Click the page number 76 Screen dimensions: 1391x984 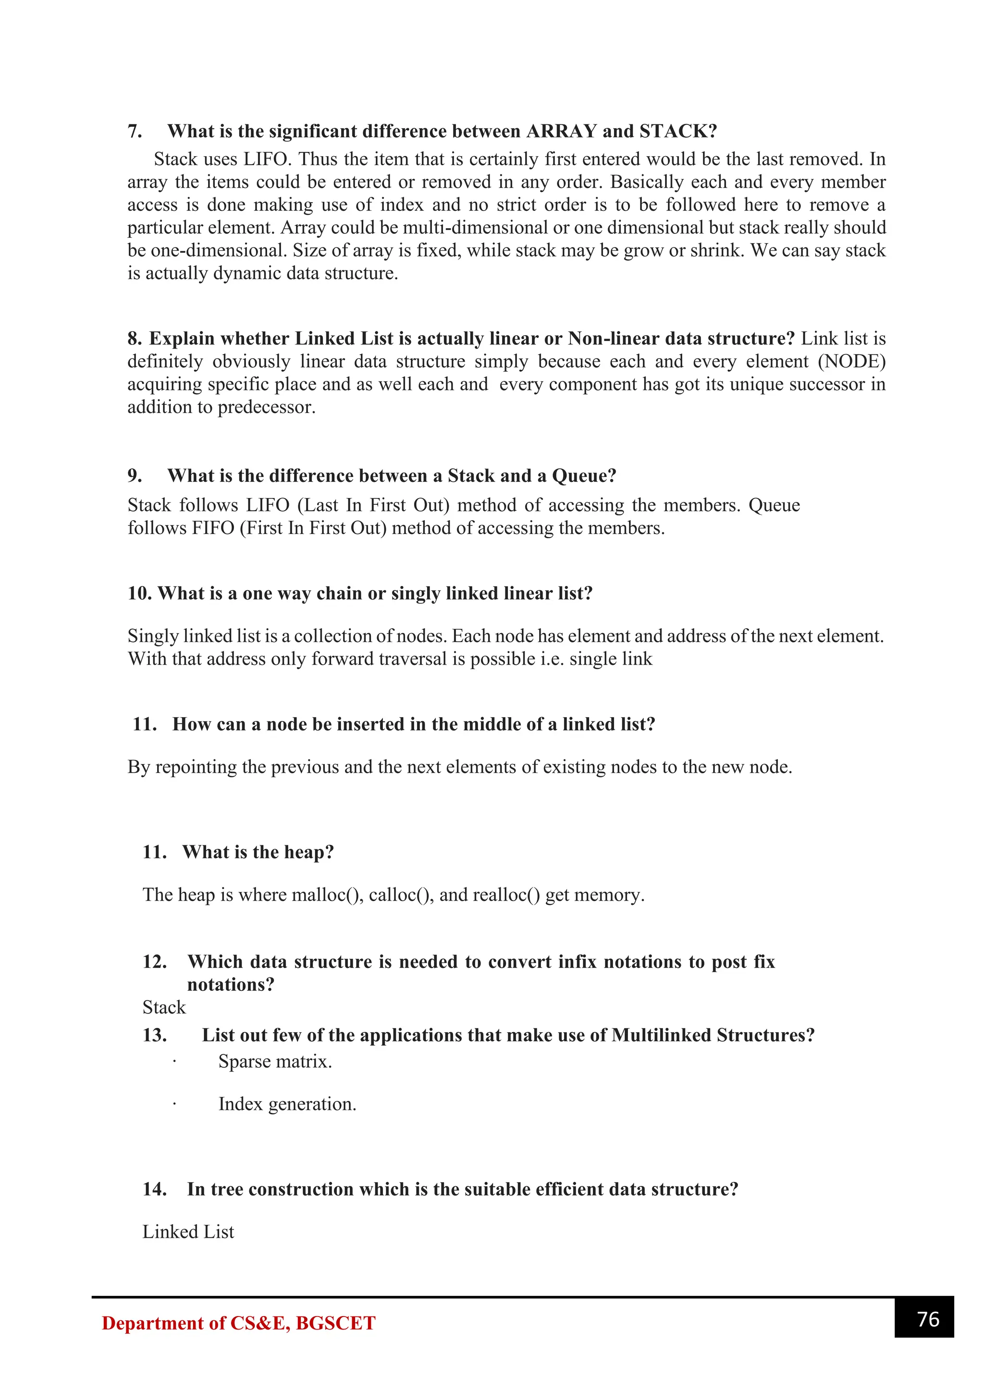coord(928,1319)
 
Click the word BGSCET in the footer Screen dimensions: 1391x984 coord(336,1323)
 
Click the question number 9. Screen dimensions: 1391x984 coord(135,476)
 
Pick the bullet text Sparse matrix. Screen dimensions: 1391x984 coord(275,1062)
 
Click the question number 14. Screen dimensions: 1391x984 coord(155,1189)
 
